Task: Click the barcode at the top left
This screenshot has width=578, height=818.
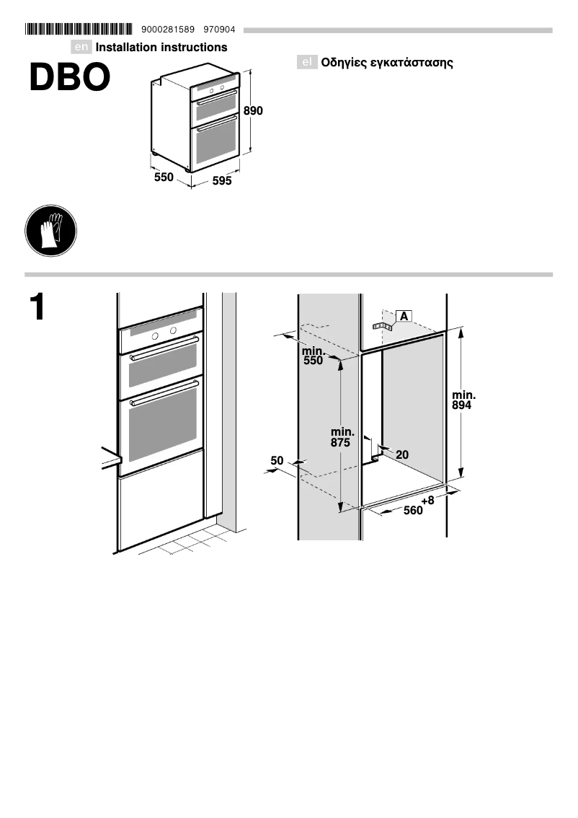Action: click(x=79, y=30)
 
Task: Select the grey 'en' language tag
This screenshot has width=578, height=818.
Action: click(x=82, y=48)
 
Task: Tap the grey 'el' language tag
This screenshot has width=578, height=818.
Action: click(x=307, y=63)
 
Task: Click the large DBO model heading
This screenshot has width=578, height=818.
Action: click(x=69, y=78)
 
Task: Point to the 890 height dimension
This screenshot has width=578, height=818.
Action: click(x=253, y=111)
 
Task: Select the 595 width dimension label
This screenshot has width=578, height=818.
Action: click(x=222, y=182)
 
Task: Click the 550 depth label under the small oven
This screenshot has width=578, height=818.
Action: click(x=164, y=177)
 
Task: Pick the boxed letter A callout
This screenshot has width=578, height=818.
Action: click(x=404, y=316)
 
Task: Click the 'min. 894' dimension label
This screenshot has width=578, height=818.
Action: click(x=463, y=400)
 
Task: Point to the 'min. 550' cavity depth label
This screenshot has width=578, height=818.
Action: click(x=314, y=356)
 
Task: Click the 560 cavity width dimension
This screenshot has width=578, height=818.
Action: click(x=413, y=511)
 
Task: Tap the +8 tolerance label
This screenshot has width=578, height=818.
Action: click(x=428, y=500)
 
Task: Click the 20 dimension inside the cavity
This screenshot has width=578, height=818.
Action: click(x=402, y=454)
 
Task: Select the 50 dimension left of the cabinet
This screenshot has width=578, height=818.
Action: click(x=277, y=460)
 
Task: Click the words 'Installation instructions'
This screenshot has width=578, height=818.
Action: click(x=161, y=48)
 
